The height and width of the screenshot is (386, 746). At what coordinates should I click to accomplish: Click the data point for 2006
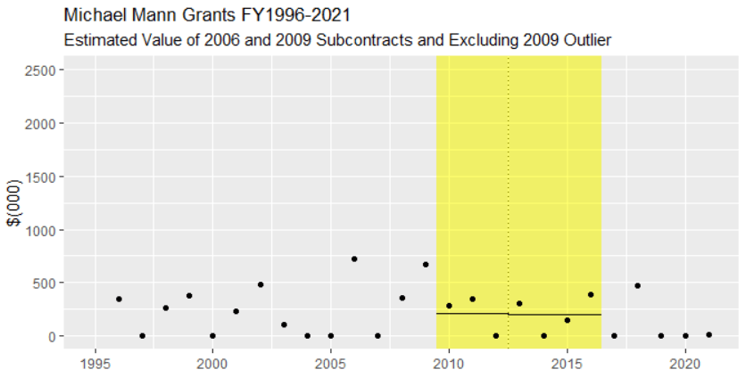click(354, 259)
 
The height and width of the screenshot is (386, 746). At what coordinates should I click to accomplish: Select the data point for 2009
click(426, 264)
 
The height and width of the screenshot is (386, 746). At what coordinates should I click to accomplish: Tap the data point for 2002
click(260, 284)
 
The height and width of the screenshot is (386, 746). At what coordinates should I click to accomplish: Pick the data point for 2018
click(638, 285)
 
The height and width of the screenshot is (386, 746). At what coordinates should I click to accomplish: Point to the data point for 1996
click(119, 299)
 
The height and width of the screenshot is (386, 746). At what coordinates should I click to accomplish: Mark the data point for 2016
click(591, 294)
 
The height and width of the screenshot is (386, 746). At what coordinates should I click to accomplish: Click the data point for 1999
click(189, 295)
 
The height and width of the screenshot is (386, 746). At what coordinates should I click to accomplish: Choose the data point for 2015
click(568, 320)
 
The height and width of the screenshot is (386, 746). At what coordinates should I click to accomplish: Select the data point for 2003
click(284, 324)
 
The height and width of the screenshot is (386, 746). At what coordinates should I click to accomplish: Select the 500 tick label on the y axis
click(46, 283)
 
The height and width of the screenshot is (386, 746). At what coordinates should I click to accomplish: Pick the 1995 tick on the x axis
click(95, 363)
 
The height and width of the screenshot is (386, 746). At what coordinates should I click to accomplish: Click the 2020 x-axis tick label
click(685, 363)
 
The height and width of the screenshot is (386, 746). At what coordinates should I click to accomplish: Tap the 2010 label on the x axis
click(449, 363)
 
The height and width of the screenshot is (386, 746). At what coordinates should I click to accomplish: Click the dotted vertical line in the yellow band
click(509, 178)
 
